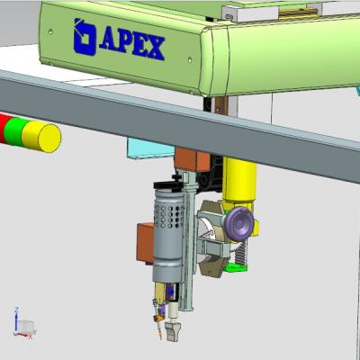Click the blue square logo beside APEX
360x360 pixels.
point(85,37)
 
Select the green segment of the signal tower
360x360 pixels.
point(15,132)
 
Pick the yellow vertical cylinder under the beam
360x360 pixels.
point(239,180)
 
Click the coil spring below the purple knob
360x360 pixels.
point(241,251)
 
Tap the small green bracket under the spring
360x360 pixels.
point(237,266)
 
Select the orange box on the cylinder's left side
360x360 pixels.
point(145,243)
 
